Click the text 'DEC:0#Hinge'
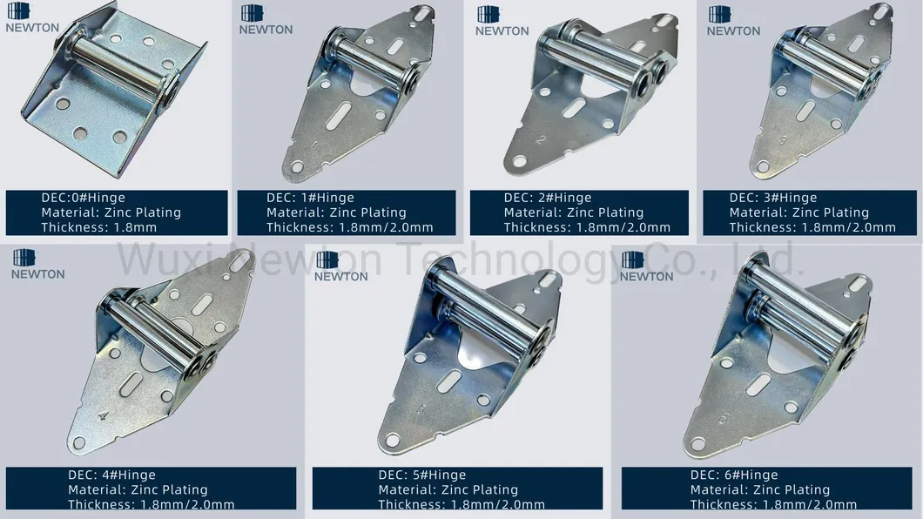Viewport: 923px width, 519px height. coord(83,199)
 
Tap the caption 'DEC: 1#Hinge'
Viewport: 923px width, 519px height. coord(310,199)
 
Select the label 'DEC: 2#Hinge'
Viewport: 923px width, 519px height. coord(547,199)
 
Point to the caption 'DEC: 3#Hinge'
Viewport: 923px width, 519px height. coord(773,199)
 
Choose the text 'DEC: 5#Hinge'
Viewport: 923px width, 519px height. coord(421,475)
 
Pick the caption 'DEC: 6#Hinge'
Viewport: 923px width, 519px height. coord(734,475)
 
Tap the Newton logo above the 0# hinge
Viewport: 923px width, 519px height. coord(32,18)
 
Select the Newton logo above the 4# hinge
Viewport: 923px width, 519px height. coord(37,264)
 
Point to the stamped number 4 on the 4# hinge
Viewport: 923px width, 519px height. coord(104,415)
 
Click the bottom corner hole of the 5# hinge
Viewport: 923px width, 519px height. coord(393,441)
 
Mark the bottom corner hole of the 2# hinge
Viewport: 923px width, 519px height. coord(520,160)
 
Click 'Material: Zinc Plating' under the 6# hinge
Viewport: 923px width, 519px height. coord(759,490)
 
